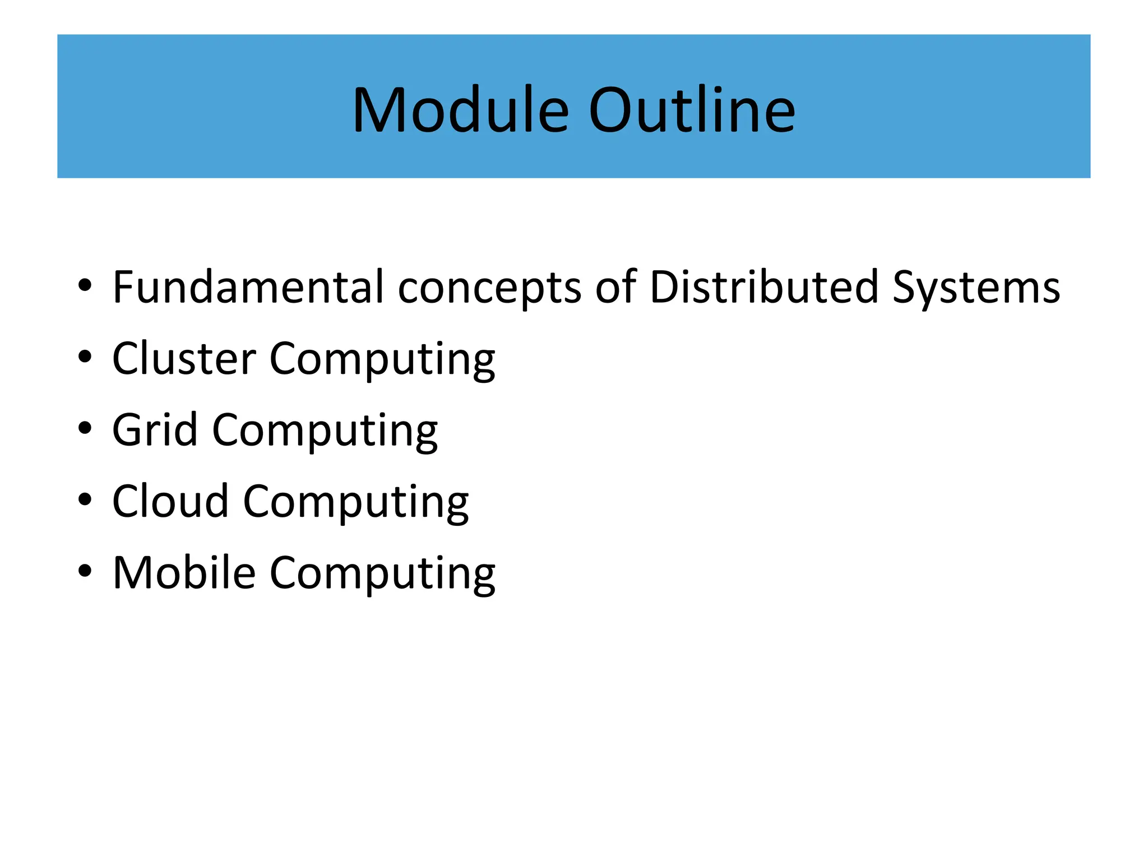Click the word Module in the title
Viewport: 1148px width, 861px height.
click(460, 110)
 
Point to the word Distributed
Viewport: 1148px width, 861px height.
click(763, 287)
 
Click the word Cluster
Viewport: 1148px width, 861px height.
click(184, 358)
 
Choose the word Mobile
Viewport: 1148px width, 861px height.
click(184, 572)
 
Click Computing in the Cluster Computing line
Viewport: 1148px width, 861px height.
click(382, 359)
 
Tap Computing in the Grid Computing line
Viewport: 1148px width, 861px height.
click(325, 430)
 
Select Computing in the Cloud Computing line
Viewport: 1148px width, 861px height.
click(355, 502)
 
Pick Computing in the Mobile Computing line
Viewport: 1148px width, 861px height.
click(382, 573)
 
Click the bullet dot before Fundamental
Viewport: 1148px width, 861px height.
click(85, 285)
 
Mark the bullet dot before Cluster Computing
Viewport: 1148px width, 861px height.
click(85, 357)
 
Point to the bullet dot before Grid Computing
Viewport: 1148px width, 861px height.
click(85, 428)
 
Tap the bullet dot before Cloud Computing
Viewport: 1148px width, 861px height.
click(85, 499)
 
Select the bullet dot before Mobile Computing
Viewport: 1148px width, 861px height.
click(85, 571)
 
